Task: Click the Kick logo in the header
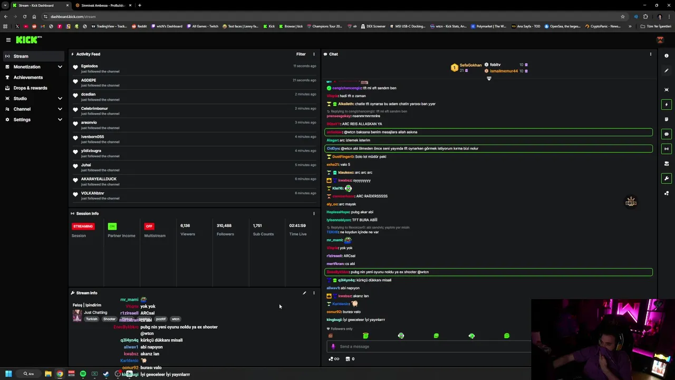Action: tap(28, 40)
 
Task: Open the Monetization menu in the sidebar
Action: tap(27, 67)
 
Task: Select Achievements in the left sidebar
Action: tap(28, 78)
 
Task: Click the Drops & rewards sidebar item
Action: tap(30, 88)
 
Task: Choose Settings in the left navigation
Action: tap(22, 120)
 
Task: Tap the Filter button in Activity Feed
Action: tap(301, 54)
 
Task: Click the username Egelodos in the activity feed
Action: tap(89, 66)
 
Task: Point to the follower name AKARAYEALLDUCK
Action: tap(99, 179)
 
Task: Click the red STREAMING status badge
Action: tap(83, 226)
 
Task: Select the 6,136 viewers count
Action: tap(185, 226)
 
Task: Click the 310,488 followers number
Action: tap(224, 226)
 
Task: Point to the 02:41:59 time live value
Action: tap(297, 226)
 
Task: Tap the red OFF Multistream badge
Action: tap(149, 226)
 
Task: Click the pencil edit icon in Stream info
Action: tap(304, 293)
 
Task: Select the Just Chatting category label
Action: tap(95, 312)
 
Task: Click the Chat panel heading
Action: tap(333, 54)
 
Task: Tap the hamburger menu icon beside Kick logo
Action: tap(8, 40)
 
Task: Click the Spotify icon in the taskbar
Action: tap(83, 374)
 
